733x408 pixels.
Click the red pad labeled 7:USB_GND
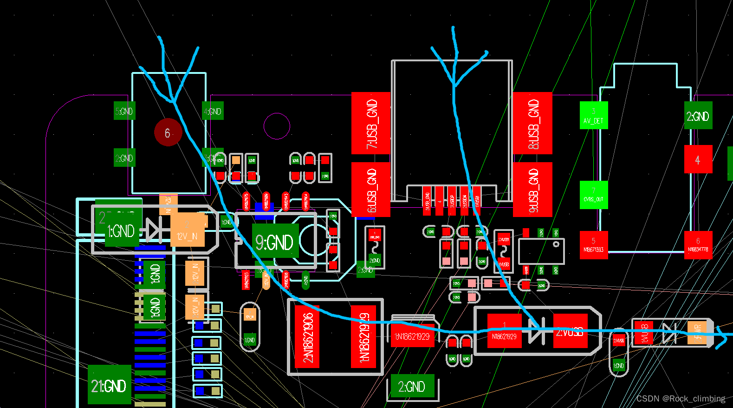(x=370, y=123)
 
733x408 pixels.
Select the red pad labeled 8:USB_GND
(x=533, y=123)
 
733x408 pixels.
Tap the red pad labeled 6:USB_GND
(x=370, y=189)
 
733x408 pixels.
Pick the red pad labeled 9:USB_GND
(x=533, y=189)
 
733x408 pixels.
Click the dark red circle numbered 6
(x=168, y=133)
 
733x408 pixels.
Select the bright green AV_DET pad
(x=593, y=116)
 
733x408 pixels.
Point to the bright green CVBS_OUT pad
(x=593, y=195)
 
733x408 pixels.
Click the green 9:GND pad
(x=275, y=243)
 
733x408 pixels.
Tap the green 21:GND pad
(x=109, y=385)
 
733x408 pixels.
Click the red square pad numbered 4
(x=698, y=159)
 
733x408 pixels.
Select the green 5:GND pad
(x=124, y=111)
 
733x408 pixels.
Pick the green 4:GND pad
(x=213, y=111)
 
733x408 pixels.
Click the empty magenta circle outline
(x=277, y=126)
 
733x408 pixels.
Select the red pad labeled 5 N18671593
(x=593, y=245)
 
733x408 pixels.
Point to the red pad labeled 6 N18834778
(x=698, y=245)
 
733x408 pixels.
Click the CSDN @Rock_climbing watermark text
(x=680, y=399)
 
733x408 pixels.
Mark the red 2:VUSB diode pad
(x=571, y=331)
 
